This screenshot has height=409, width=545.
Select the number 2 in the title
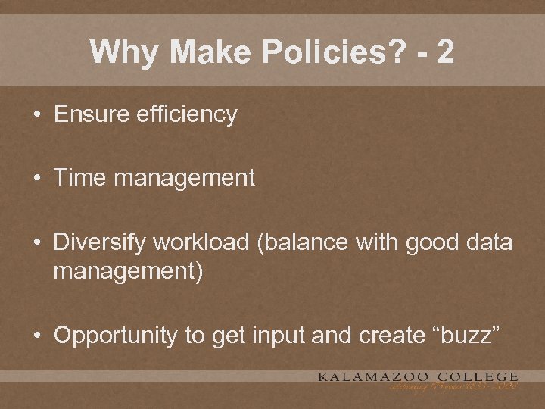point(445,52)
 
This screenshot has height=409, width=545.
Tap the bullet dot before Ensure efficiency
point(36,115)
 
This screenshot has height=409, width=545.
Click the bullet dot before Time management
point(36,180)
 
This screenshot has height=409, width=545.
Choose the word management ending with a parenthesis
point(128,270)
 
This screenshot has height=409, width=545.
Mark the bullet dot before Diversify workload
point(36,244)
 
